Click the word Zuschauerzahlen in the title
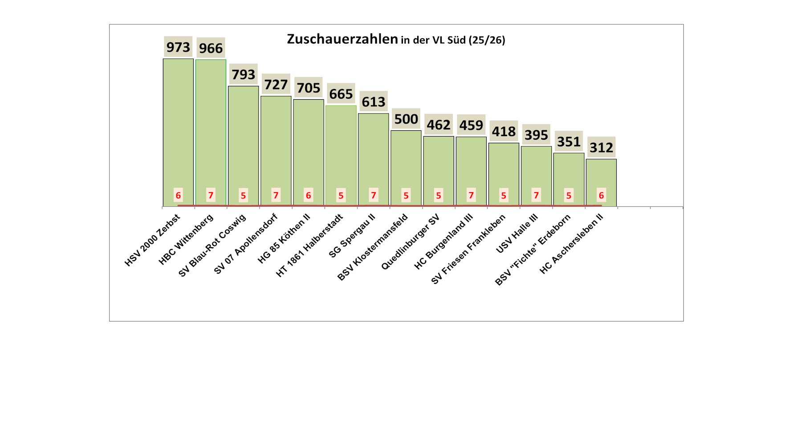tap(342, 39)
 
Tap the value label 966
tap(211, 48)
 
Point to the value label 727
tap(276, 85)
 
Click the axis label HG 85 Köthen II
tap(284, 239)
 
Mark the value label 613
tap(374, 102)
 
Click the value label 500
tap(406, 119)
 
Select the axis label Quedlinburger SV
tap(411, 242)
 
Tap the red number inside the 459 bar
tap(471, 195)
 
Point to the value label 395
tap(536, 135)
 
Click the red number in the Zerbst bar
tap(178, 195)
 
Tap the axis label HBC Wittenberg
tap(186, 240)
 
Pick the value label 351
tap(569, 141)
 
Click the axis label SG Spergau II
tap(352, 236)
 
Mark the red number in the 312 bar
tap(601, 195)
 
